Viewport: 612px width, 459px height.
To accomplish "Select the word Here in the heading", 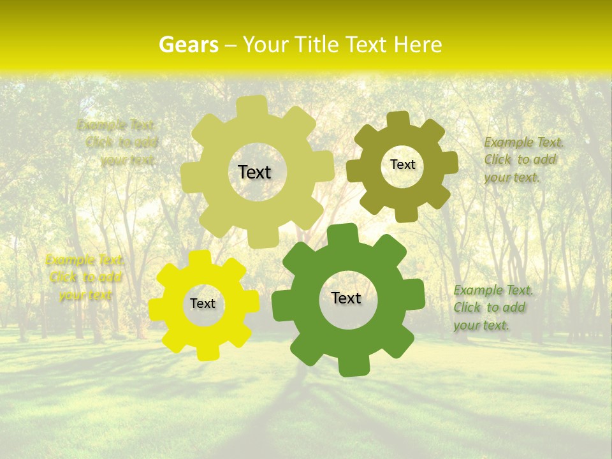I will pyautogui.click(x=418, y=45).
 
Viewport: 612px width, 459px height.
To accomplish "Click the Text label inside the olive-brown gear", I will pyautogui.click(x=402, y=164).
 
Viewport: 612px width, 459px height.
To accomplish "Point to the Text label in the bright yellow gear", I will pyautogui.click(x=203, y=304).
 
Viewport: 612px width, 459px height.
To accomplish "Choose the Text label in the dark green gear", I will pyautogui.click(x=346, y=298).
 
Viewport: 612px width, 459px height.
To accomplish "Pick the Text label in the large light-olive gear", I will pyautogui.click(x=254, y=172).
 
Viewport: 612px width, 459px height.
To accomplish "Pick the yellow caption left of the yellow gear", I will pyautogui.click(x=84, y=277).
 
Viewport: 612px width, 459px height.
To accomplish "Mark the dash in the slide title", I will pyautogui.click(x=232, y=45).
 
